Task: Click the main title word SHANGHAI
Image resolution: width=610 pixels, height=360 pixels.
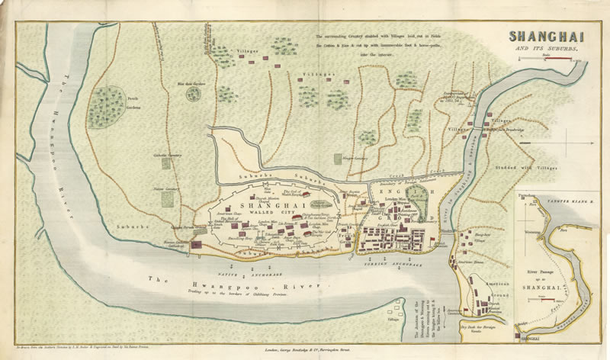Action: (542, 37)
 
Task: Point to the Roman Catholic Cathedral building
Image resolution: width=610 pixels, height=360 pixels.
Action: (195, 245)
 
